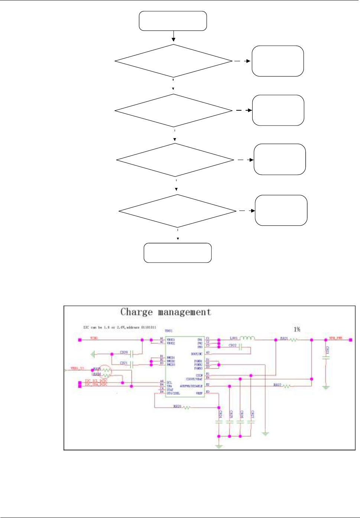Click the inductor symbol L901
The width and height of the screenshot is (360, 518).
point(247,338)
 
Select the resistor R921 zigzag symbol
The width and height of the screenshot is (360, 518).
point(293,339)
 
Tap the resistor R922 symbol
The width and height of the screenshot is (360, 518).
point(286,386)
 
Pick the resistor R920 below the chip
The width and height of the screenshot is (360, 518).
point(187,408)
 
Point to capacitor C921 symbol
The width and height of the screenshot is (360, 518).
point(132,365)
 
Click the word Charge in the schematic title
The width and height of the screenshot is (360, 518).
point(136,312)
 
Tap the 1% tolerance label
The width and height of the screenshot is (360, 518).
point(297,329)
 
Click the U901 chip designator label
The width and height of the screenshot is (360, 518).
point(168,331)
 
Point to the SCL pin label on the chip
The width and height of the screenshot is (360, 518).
point(169,382)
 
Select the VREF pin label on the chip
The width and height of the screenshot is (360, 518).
point(199,393)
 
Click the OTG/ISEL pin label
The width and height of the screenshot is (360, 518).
point(173,393)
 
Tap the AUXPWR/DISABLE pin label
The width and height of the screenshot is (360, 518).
point(191,386)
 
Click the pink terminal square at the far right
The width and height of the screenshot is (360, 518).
point(351,339)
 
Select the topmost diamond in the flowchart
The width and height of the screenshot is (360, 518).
point(173,61)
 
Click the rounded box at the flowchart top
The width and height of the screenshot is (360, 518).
point(173,21)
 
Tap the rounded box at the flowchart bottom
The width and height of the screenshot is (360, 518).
point(178,253)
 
